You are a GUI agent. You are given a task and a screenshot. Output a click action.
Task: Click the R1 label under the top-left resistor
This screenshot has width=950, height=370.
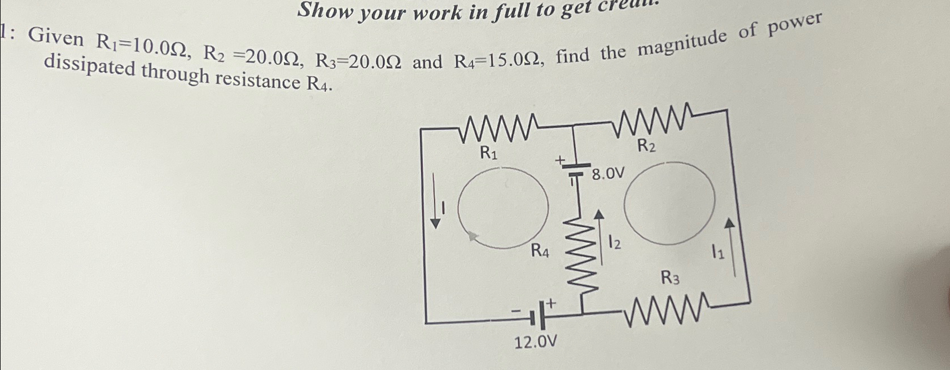click(x=488, y=152)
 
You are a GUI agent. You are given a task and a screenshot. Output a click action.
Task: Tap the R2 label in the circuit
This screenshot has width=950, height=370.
click(x=646, y=146)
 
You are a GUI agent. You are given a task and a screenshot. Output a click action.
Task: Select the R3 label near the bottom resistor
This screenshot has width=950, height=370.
click(x=670, y=277)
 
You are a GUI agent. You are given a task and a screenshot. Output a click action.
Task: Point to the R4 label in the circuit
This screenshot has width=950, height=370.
click(x=540, y=251)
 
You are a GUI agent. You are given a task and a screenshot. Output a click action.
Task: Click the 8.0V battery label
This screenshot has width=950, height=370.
click(x=608, y=174)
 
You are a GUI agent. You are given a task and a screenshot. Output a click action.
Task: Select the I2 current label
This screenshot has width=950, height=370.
click(x=615, y=243)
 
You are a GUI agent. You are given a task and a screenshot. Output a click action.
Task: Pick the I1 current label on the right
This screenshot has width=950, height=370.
click(x=717, y=253)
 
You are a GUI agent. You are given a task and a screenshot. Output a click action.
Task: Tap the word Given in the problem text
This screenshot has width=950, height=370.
click(x=56, y=38)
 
